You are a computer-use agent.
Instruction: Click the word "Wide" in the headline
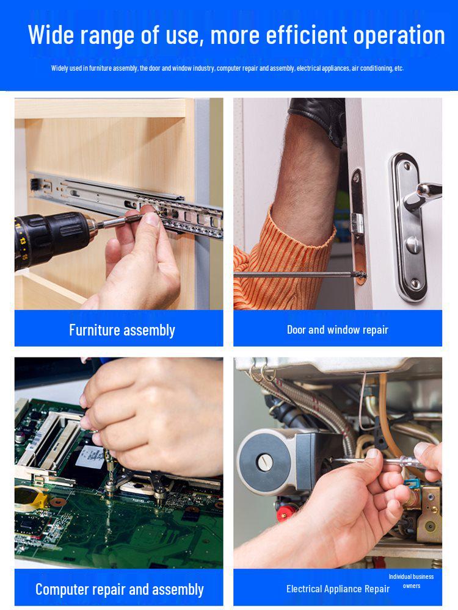[51, 35]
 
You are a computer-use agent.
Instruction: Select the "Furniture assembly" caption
[122, 330]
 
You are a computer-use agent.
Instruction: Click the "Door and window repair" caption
[338, 330]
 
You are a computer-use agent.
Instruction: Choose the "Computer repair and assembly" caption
[120, 589]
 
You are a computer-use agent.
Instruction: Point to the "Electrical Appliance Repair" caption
[338, 589]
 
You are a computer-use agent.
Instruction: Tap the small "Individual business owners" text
[411, 581]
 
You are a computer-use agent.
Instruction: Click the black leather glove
[319, 117]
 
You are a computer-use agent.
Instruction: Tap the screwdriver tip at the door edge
[363, 276]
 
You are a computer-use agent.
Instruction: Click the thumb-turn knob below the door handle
[413, 245]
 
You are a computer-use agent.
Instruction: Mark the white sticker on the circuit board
[90, 457]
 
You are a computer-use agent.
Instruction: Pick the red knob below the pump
[286, 513]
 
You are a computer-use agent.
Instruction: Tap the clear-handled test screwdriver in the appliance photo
[383, 462]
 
